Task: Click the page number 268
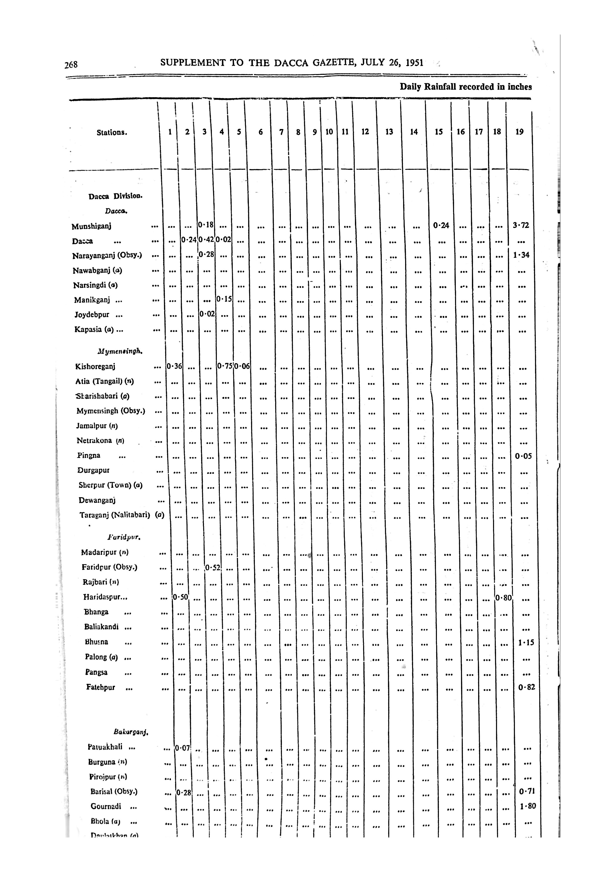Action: pyautogui.click(x=71, y=65)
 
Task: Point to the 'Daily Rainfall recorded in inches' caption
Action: pyautogui.click(x=465, y=87)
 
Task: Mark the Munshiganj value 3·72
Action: pyautogui.click(x=521, y=225)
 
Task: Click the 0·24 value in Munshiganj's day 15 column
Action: pyautogui.click(x=441, y=225)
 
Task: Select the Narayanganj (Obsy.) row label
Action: pyautogui.click(x=107, y=256)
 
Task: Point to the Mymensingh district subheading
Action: pyautogui.click(x=120, y=352)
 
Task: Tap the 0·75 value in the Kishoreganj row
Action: pyautogui.click(x=225, y=366)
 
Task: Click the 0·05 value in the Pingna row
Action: pyautogui.click(x=523, y=456)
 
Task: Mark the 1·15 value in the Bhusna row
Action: pyautogui.click(x=526, y=643)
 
